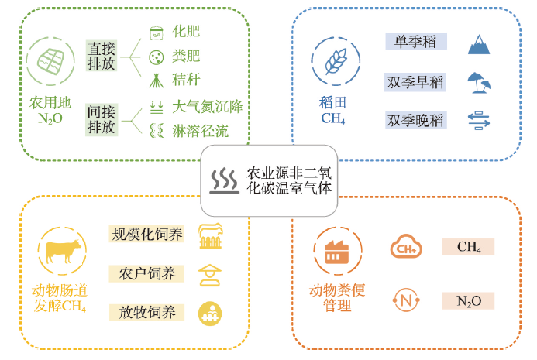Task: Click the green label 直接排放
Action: click(102, 56)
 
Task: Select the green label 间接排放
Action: click(102, 118)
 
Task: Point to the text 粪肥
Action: click(185, 57)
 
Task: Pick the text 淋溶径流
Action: click(201, 131)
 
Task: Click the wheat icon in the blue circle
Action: click(336, 61)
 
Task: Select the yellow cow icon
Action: click(60, 252)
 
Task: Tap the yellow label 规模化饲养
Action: click(147, 234)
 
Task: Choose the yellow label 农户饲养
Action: click(147, 273)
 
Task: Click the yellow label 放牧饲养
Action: click(147, 312)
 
